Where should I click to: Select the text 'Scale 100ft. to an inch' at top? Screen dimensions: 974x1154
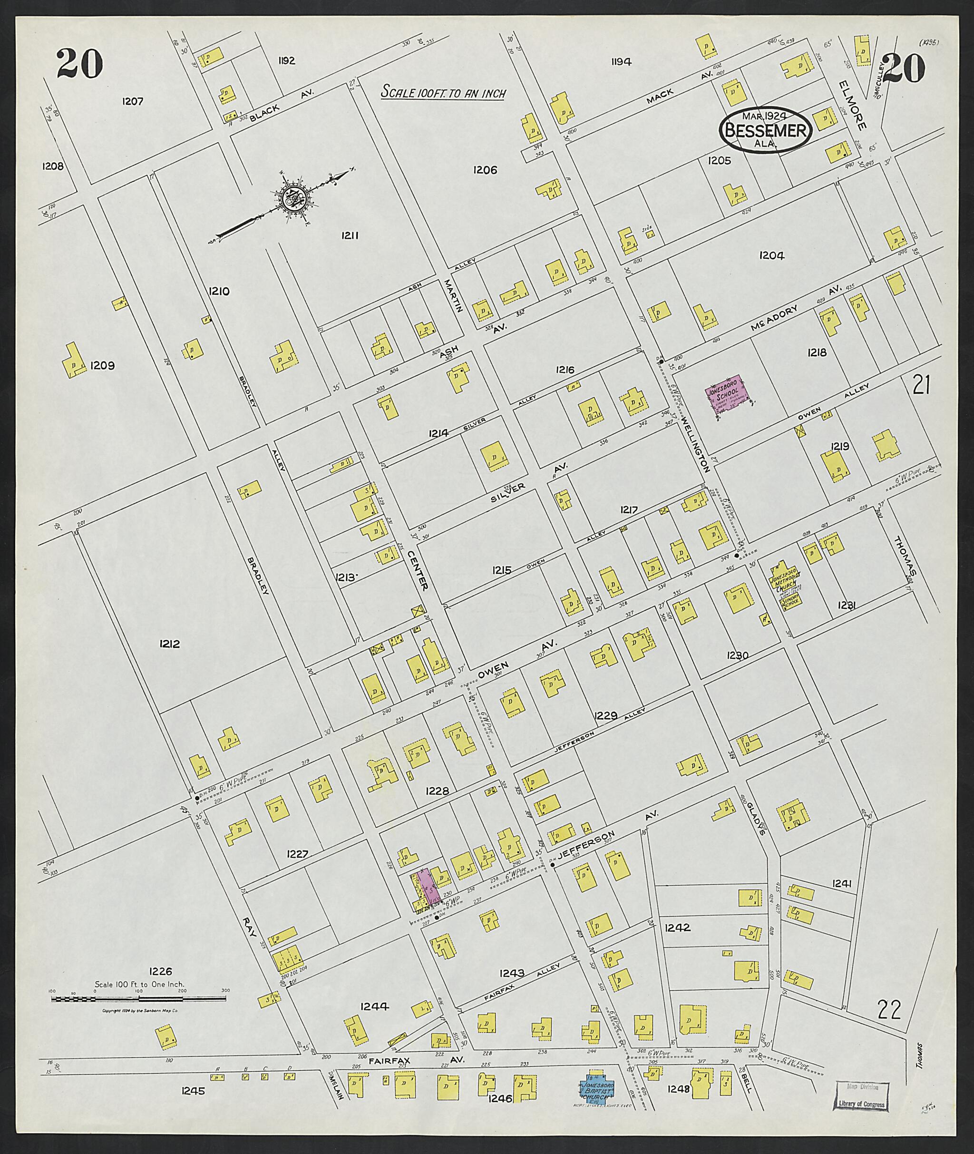point(443,93)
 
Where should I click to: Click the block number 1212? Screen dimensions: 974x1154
point(169,644)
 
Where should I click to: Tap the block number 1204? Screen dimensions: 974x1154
point(771,255)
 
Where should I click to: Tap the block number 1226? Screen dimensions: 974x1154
point(161,971)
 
